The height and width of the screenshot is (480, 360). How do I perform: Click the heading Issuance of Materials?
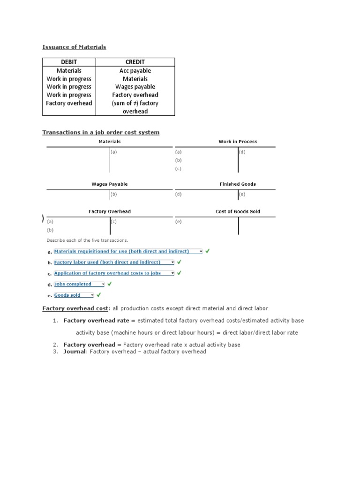[74, 47]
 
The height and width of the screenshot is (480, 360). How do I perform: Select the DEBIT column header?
[69, 62]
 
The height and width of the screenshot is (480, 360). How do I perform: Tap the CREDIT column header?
[135, 62]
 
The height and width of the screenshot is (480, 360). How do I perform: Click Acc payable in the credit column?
[135, 71]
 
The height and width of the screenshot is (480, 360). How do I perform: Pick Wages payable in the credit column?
[135, 87]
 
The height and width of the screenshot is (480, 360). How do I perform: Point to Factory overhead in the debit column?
[69, 103]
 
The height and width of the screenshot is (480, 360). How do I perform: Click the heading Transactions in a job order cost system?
[101, 132]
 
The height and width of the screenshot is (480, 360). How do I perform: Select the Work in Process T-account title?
[238, 142]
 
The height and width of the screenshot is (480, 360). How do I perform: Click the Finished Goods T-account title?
[238, 184]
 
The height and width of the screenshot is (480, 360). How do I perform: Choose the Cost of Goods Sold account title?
[238, 211]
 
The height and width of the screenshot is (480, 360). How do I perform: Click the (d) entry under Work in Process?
[242, 152]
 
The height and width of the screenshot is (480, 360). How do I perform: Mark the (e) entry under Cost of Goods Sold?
[178, 222]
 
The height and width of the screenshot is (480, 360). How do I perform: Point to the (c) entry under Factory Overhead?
[113, 222]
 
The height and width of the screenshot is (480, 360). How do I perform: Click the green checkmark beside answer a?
[208, 251]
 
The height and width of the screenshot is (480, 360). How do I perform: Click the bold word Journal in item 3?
[75, 352]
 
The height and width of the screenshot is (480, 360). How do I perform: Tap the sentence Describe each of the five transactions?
[87, 240]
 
